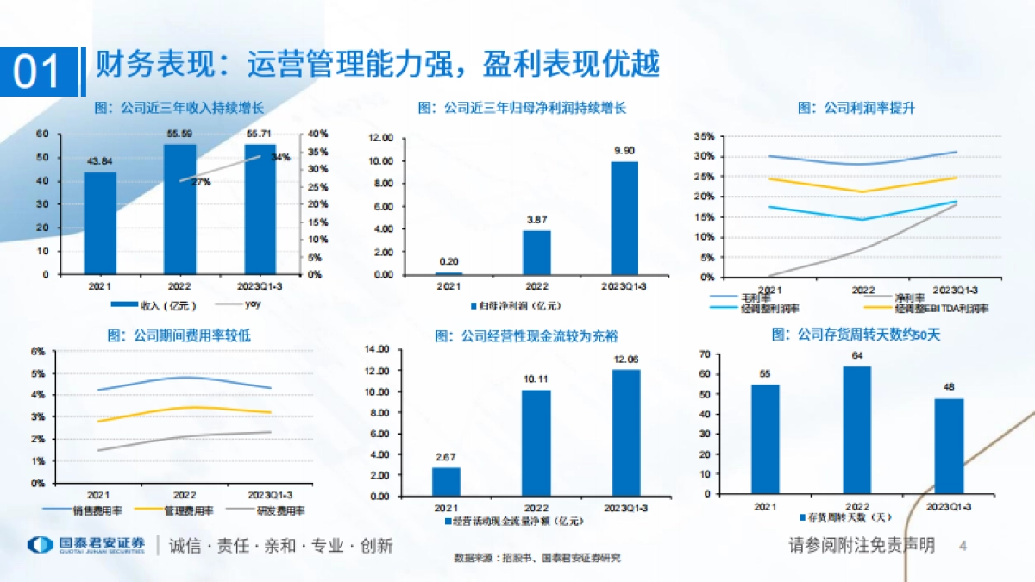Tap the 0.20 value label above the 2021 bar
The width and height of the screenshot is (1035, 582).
[448, 262]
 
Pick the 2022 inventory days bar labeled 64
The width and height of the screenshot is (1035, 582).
[856, 429]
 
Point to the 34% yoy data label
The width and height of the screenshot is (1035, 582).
[280, 158]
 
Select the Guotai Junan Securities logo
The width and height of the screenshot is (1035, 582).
[86, 545]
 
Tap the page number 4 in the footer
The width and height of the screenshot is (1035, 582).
[963, 546]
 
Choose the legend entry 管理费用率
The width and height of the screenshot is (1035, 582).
[185, 511]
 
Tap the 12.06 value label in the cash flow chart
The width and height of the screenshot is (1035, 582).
[626, 360]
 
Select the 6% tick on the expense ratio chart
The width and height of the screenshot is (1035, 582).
[38, 352]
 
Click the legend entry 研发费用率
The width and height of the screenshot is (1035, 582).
[276, 511]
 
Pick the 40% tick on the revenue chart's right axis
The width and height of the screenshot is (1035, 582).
[318, 134]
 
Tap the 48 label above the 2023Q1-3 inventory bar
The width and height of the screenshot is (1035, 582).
[949, 387]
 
